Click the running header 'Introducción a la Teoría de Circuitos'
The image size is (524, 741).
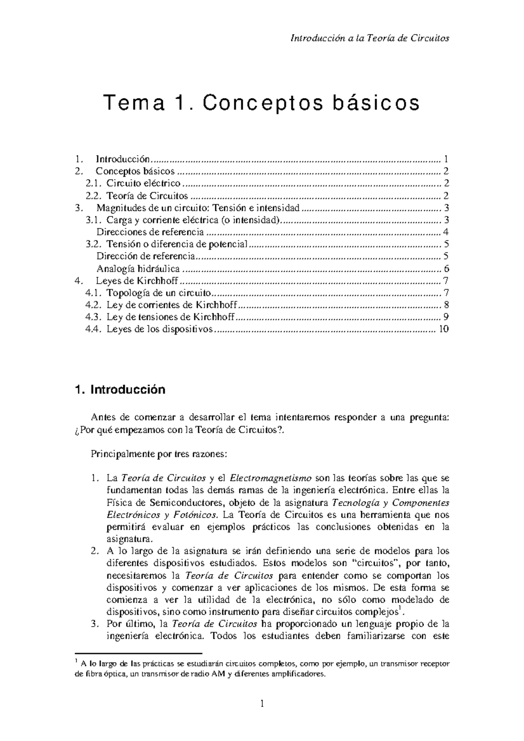tap(369, 38)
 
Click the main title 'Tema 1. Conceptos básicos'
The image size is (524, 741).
tap(261, 103)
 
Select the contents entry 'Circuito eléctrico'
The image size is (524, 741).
tap(143, 183)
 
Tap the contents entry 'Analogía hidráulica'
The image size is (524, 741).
tap(138, 269)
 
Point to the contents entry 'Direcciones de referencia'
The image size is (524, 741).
tap(150, 232)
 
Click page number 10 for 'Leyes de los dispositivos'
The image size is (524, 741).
tap(444, 329)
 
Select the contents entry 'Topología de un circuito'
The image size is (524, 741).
tap(159, 293)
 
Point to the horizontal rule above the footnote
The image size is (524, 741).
tap(138, 654)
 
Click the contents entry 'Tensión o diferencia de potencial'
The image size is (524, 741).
tap(177, 244)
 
